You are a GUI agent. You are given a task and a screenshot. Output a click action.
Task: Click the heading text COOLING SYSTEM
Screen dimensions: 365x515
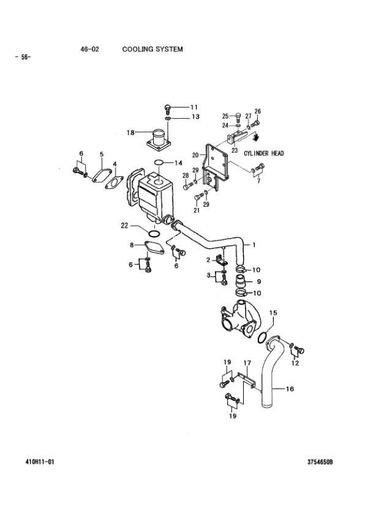[x=152, y=50]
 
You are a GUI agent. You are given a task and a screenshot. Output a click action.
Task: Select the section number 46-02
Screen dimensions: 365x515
[x=90, y=50]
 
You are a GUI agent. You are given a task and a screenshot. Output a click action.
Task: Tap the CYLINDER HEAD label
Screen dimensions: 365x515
[x=264, y=154]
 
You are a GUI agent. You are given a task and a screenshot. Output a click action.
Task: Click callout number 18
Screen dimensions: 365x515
[x=130, y=133]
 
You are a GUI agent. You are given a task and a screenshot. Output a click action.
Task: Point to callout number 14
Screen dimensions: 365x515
[x=178, y=163]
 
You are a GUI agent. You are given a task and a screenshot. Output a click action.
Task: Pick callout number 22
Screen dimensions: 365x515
[x=124, y=226]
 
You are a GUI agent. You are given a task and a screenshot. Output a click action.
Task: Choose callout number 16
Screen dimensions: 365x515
[x=290, y=389]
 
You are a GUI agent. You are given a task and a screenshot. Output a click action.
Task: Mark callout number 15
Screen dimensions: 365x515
[x=273, y=313]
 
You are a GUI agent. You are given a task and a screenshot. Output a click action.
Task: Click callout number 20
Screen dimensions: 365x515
[x=195, y=155]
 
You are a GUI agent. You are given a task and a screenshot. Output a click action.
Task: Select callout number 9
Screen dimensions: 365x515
[x=259, y=281]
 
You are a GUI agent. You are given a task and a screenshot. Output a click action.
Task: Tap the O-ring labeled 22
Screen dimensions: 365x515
[x=154, y=234]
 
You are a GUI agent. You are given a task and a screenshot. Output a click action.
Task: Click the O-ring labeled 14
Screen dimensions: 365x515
[x=159, y=162]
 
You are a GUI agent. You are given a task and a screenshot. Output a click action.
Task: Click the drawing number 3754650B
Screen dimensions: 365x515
[x=320, y=462]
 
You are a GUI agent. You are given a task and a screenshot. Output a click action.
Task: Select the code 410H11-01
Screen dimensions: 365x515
[x=40, y=462]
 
